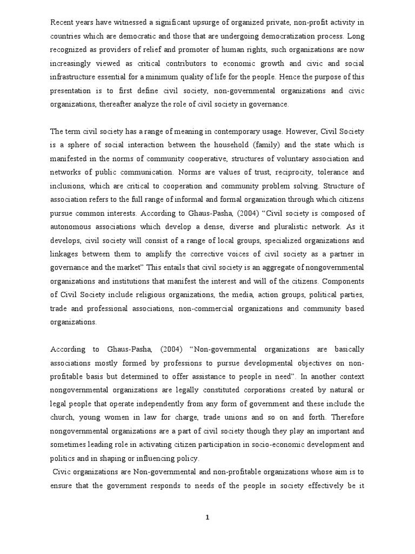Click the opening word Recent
(62, 22)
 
